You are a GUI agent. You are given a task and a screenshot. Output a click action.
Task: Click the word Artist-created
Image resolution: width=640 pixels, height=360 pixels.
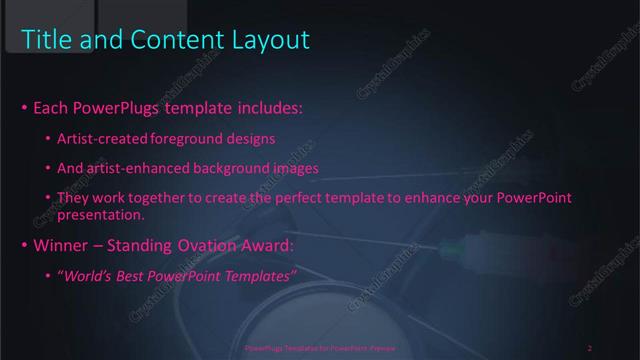tap(99, 137)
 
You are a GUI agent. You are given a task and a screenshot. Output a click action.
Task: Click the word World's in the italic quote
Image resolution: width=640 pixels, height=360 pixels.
tap(93, 276)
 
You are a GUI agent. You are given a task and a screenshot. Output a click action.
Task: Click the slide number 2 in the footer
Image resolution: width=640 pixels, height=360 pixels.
tap(590, 348)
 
